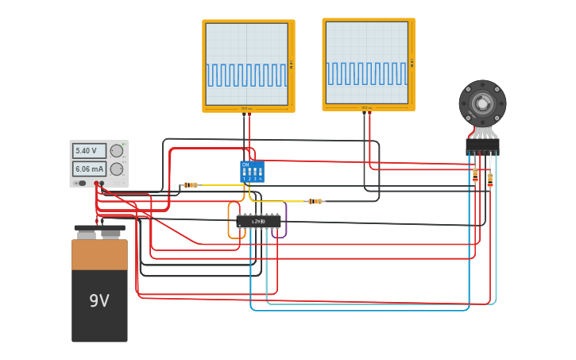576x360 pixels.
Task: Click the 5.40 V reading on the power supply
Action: point(88,151)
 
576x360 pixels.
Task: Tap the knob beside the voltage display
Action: point(117,151)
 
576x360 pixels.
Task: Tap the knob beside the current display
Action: point(117,168)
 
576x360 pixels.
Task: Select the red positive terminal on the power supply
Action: point(96,184)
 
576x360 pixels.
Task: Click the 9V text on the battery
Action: point(99,301)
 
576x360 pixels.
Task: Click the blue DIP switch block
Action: point(252,171)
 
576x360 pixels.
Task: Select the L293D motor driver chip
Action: point(258,221)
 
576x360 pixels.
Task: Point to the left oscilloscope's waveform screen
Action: point(246,64)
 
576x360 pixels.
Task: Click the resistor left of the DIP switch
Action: point(190,185)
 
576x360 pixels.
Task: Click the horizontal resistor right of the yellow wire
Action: point(315,201)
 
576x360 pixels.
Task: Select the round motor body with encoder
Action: point(482,103)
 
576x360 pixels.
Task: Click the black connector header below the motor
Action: point(482,146)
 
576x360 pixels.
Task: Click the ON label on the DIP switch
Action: point(245,165)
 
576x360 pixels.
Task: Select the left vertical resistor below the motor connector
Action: point(475,175)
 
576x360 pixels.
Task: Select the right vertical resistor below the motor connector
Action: point(489,180)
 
